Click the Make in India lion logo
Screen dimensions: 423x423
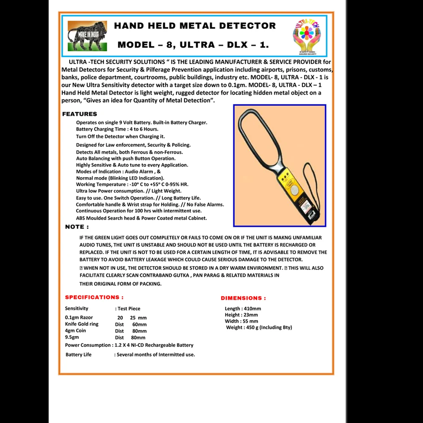[x=87, y=36]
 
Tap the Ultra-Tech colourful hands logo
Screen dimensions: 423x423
[x=307, y=36]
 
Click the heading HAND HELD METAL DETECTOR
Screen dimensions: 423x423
[x=195, y=26]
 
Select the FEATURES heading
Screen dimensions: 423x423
[x=80, y=114]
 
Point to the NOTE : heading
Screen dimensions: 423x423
[x=77, y=227]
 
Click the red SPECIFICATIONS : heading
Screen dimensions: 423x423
[x=94, y=297]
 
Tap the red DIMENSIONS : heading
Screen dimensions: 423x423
[x=243, y=298]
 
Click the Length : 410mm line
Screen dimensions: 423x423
[x=243, y=309]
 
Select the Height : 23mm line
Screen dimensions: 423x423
[x=241, y=315]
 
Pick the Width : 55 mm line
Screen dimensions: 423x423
[x=241, y=321]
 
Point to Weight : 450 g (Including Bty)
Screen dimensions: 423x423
[x=259, y=328]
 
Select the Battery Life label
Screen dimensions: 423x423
[x=78, y=355]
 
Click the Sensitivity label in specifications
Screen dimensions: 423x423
[x=77, y=309]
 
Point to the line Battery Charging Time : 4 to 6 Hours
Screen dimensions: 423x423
[x=117, y=129]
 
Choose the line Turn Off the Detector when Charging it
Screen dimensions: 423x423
[x=121, y=137]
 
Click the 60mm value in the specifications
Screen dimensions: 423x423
[x=139, y=324]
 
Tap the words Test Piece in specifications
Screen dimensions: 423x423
[x=129, y=309]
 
